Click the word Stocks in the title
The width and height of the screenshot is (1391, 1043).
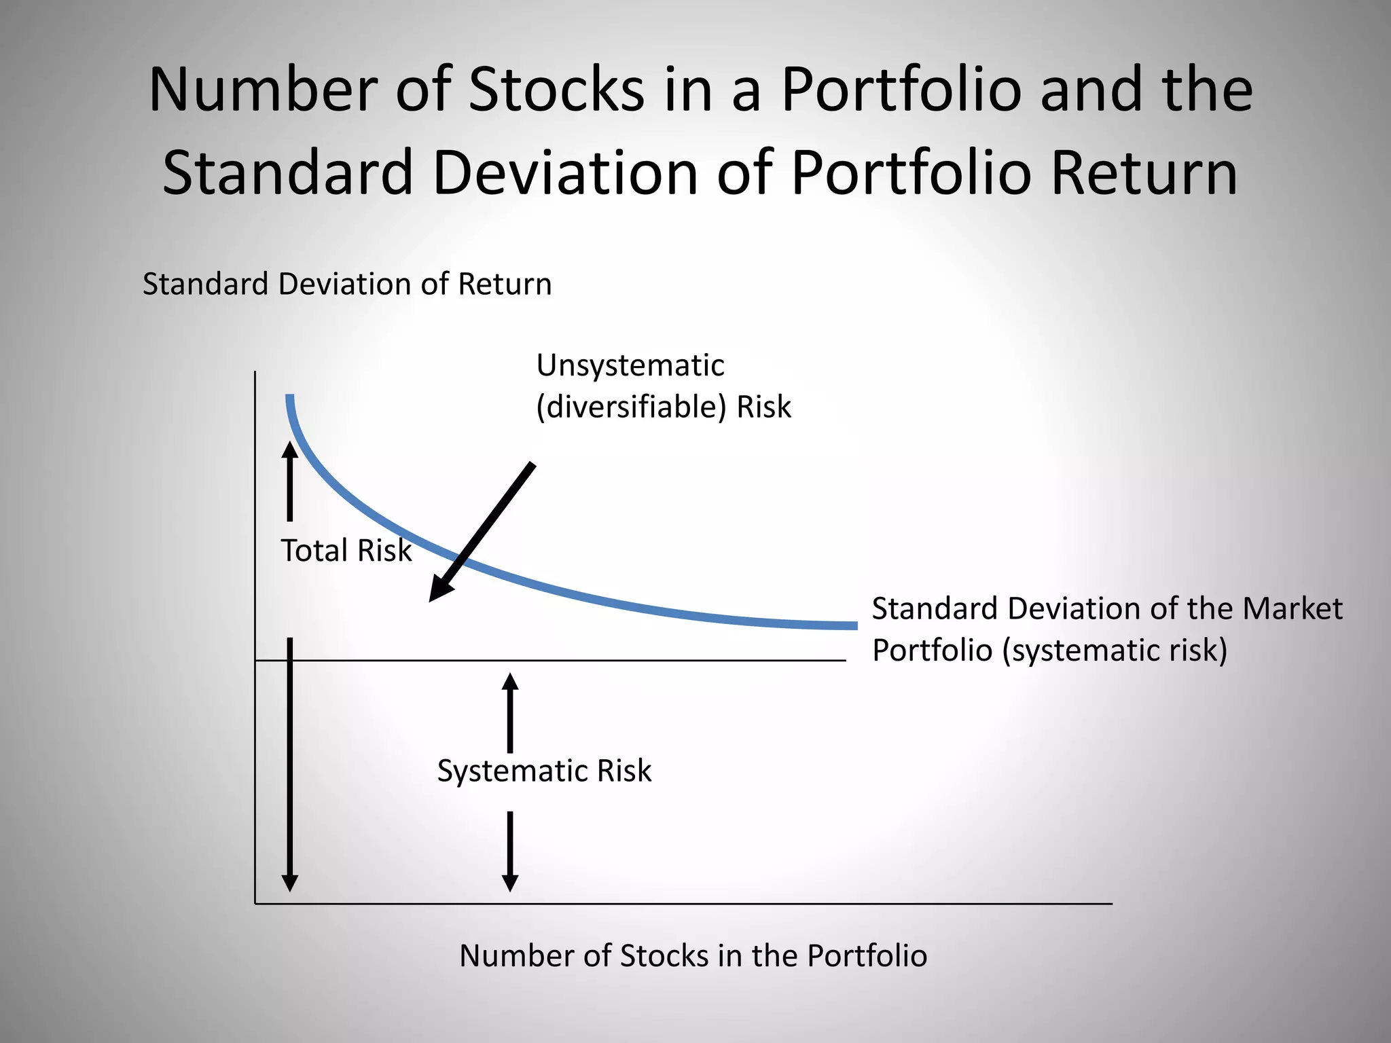coord(556,90)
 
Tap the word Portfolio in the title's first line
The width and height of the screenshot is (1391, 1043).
coord(901,90)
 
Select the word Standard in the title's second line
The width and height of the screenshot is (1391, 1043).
coord(288,173)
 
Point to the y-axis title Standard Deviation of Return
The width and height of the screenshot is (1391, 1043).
coord(347,284)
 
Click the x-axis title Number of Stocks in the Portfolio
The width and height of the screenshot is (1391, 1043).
coord(693,956)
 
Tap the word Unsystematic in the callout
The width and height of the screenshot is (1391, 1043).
coord(630,366)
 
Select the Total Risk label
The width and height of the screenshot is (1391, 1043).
coord(346,550)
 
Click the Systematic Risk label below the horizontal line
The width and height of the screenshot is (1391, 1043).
coord(544,771)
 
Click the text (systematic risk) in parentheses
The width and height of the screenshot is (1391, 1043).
coord(1115,651)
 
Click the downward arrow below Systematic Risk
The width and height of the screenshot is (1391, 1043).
coord(510,852)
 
